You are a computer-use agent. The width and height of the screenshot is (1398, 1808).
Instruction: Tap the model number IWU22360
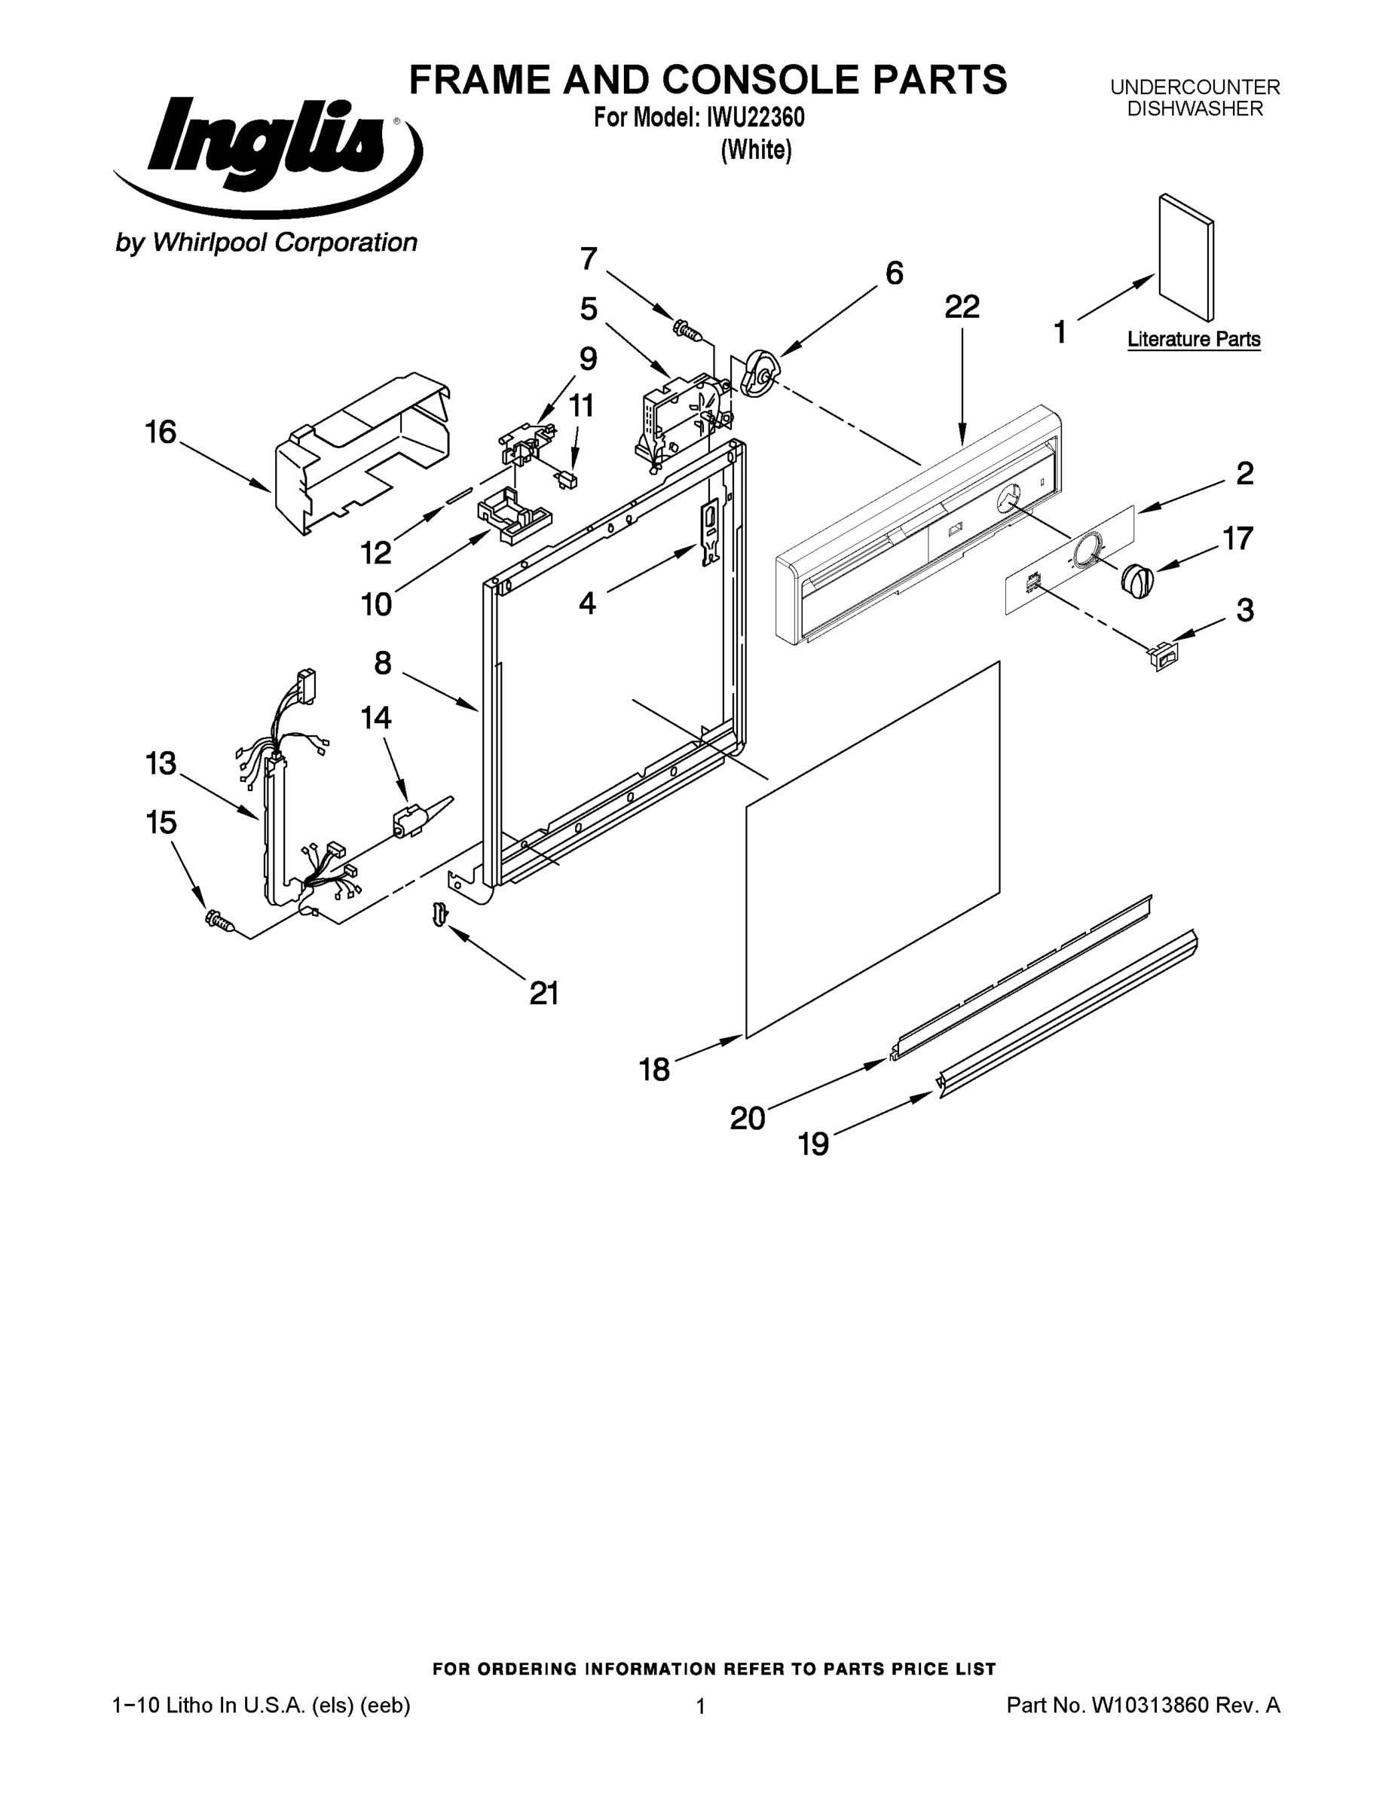point(754,118)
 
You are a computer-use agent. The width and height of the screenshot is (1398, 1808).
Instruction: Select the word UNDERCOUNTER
point(1195,87)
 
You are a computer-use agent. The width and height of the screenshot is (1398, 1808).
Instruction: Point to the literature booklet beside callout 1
point(1187,257)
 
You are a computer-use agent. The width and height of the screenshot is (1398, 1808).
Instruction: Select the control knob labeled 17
point(1138,579)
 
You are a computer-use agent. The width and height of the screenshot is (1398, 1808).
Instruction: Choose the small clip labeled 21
point(440,913)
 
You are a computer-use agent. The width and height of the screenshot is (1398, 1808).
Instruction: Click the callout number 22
point(962,307)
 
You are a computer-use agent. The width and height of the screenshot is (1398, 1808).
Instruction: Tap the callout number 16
point(161,432)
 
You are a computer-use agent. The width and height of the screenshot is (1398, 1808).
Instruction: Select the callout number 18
point(654,1070)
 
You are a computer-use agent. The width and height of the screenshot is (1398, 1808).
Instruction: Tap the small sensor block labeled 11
point(568,480)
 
